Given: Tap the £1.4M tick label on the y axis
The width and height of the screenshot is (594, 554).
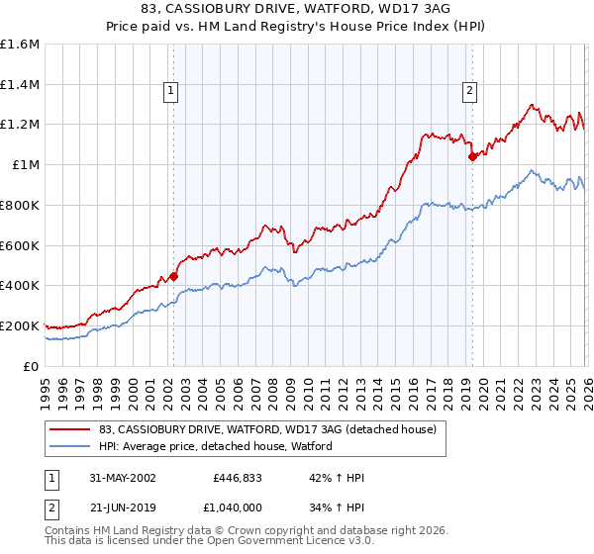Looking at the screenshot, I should coord(19,85).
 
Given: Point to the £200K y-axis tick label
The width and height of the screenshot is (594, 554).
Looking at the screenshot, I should coord(19,325).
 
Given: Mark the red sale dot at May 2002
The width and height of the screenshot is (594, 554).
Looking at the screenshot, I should coord(174,277).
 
